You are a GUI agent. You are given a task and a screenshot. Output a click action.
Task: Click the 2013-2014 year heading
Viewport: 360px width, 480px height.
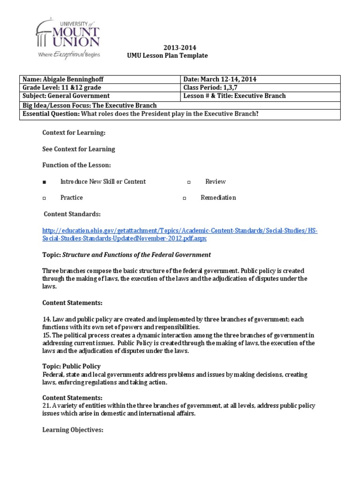pos(180,47)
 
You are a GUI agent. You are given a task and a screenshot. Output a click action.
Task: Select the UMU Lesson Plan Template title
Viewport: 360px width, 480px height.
pos(167,55)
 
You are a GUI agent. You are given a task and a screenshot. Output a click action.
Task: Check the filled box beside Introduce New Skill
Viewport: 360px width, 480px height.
pos(44,182)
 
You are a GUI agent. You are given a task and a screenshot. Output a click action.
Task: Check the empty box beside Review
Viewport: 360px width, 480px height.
pos(189,182)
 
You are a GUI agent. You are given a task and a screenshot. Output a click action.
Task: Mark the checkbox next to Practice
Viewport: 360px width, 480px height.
pos(44,198)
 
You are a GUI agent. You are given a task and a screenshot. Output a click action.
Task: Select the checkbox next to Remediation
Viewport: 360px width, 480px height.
pos(185,198)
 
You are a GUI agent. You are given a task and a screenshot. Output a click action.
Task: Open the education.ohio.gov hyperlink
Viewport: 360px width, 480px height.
pos(180,234)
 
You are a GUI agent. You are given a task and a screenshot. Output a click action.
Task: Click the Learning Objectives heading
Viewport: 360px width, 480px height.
pos(73,429)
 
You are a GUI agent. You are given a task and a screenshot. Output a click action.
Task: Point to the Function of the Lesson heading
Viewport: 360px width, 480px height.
pos(77,165)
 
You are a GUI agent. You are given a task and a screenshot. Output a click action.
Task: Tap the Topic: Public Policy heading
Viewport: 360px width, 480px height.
pos(71,366)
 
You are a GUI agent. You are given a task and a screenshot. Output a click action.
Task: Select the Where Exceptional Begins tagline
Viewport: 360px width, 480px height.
pos(68,55)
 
